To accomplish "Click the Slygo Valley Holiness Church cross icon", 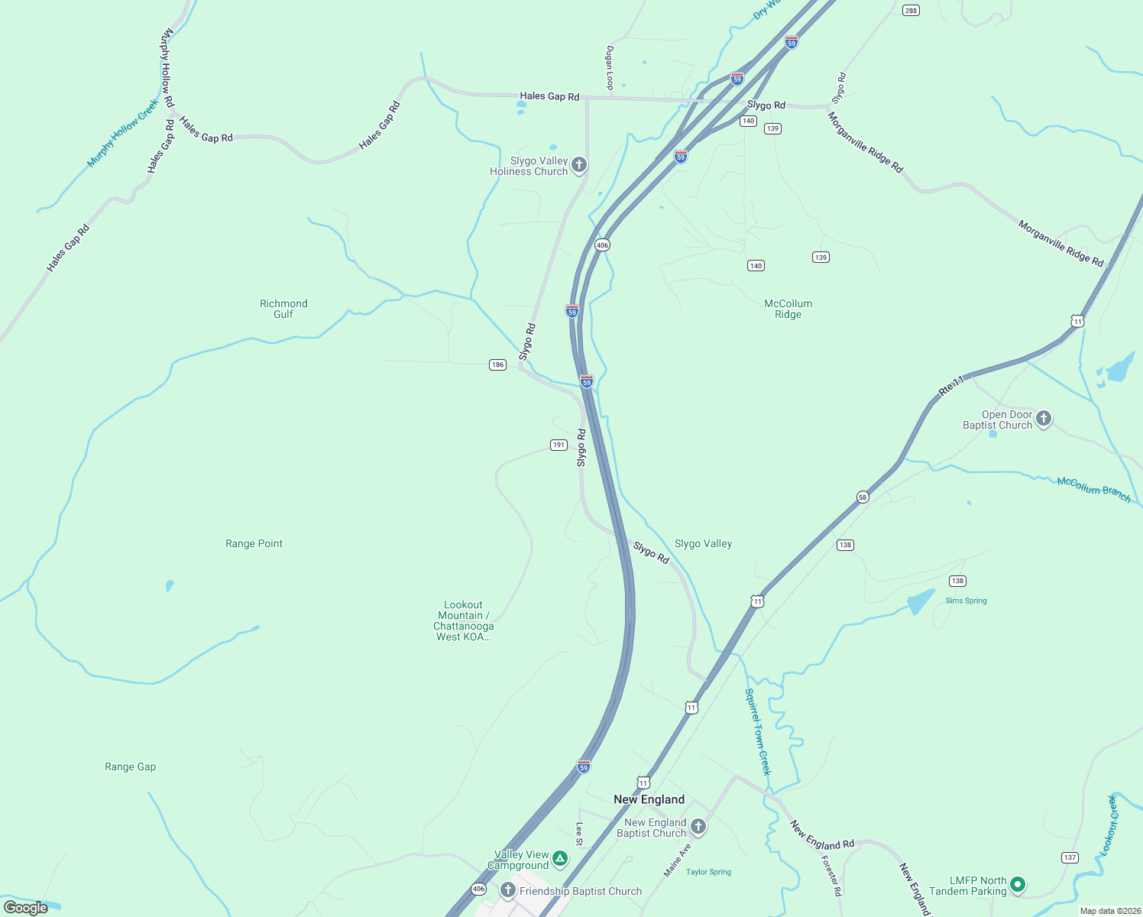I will [x=579, y=165].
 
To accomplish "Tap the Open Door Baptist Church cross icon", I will [x=1044, y=419].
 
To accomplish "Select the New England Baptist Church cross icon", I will [x=698, y=827].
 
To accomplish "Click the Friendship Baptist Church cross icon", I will [x=507, y=890].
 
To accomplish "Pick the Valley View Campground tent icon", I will [x=560, y=859].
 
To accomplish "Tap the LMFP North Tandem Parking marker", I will [x=1017, y=885].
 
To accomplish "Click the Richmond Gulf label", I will [x=283, y=309].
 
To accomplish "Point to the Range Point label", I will [x=254, y=543].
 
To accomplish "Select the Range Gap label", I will [x=130, y=766].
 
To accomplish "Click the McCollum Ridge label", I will [x=788, y=309].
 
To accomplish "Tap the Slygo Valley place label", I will [x=703, y=543].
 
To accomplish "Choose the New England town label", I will [x=649, y=799].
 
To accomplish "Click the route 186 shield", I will [x=497, y=365].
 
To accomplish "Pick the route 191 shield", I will [x=559, y=445].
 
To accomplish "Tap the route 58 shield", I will [x=863, y=497].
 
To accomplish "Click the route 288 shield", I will [x=910, y=10].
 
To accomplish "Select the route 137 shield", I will [x=1070, y=857].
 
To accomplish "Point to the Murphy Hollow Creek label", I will [x=122, y=133].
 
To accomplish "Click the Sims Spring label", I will [x=966, y=601].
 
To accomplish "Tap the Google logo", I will [x=26, y=908].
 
